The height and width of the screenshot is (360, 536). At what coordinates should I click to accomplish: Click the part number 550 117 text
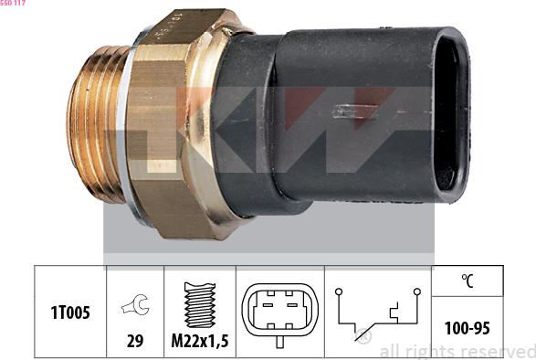pos(13,3)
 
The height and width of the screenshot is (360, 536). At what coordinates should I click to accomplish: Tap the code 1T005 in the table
pos(70,312)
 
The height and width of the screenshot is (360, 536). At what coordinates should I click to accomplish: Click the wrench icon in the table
pos(135,304)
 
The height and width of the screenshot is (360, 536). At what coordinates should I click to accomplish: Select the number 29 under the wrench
pos(135,341)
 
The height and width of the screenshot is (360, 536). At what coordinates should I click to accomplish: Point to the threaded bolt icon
pos(200,305)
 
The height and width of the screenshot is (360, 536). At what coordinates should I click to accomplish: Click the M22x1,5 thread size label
pos(200,341)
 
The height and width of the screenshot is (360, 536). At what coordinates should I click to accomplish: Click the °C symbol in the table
pos(468,281)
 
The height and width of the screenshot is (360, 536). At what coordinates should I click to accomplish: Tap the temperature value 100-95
pos(468,328)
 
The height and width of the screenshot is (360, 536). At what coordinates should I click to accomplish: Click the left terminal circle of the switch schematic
pos(339,291)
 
